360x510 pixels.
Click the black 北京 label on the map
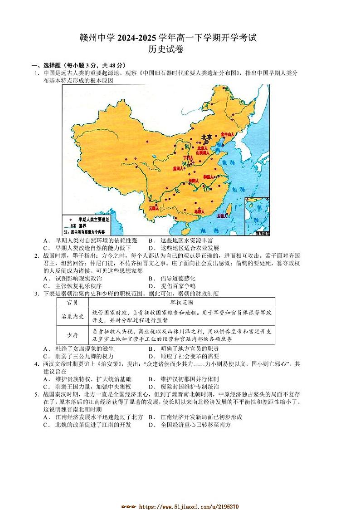point(206,137)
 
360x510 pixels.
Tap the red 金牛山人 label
point(227,134)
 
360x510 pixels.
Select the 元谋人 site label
point(153,209)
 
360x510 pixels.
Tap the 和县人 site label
point(209,177)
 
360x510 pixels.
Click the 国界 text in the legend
point(82,225)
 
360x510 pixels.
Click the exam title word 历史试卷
point(167,50)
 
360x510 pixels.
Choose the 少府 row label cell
point(72,335)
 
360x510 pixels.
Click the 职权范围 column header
point(181,302)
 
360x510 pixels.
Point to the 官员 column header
point(72,302)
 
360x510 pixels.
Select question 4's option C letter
point(45,387)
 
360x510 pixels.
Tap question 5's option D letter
point(151,425)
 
